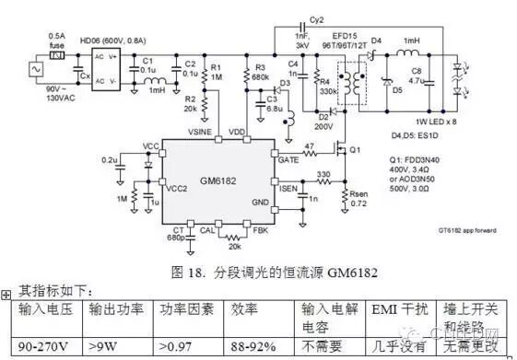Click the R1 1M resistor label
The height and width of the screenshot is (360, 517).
217,72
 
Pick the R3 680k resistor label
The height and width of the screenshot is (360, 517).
262,72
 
